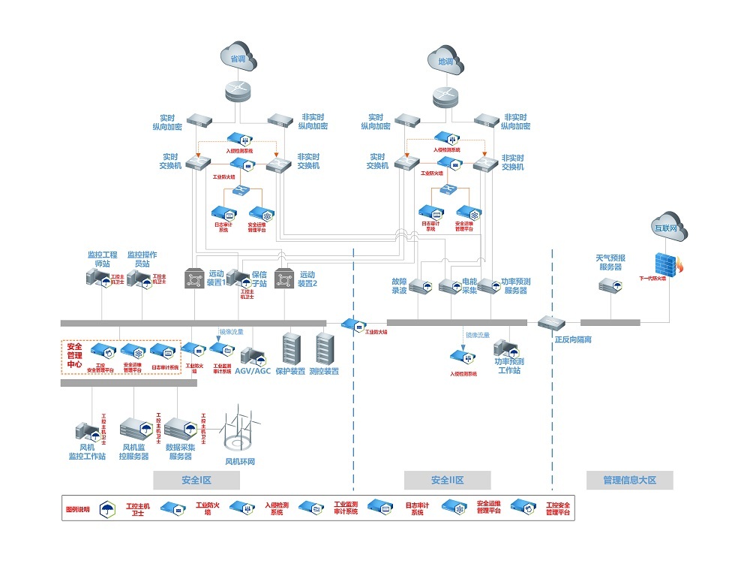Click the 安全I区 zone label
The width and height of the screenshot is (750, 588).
[196, 481]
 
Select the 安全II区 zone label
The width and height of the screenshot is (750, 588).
[447, 481]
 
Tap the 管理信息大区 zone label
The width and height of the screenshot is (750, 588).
[629, 481]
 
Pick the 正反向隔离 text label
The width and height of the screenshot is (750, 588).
[573, 339]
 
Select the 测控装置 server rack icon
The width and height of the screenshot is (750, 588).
[324, 348]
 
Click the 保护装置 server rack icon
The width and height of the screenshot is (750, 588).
[290, 348]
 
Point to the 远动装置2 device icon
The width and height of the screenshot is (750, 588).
[285, 279]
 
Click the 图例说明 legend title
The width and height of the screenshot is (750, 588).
[78, 510]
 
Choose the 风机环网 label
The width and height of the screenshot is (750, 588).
[240, 462]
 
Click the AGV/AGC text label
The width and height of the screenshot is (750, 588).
[253, 371]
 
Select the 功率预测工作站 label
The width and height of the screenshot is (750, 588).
[509, 366]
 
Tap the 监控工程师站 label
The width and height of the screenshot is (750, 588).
[101, 259]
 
